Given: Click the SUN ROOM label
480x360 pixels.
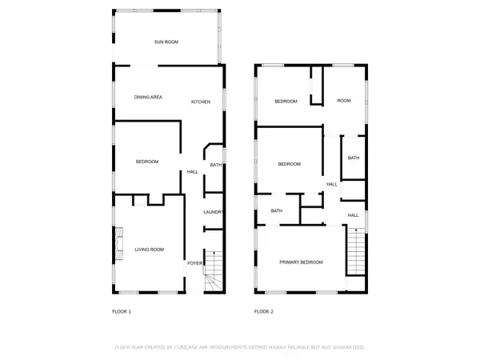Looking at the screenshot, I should (166, 42).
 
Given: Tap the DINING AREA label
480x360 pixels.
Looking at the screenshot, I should (148, 97).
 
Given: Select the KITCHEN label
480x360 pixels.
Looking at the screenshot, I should (200, 102).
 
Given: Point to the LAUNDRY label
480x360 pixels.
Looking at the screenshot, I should (212, 212).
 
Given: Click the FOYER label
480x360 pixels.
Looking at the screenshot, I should (194, 262).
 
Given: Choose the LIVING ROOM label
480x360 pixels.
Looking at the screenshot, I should (149, 250).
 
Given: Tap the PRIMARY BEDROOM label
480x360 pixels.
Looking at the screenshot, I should (301, 262).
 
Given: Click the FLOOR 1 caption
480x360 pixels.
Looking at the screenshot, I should (121, 311).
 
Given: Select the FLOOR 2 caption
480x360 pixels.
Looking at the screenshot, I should (263, 311).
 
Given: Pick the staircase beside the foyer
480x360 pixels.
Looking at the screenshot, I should (213, 272).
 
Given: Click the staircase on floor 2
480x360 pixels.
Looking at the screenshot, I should (354, 252).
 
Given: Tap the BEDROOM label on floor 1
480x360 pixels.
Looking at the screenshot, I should (147, 162).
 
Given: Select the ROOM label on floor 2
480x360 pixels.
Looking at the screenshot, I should (344, 101).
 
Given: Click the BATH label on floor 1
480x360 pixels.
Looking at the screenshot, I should (215, 166).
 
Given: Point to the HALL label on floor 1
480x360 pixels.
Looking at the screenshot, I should (193, 172).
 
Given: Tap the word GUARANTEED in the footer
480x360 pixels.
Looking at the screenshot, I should (347, 348).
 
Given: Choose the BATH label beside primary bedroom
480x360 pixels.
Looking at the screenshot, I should (277, 211).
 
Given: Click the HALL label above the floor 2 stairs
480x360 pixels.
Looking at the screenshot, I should (353, 216).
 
